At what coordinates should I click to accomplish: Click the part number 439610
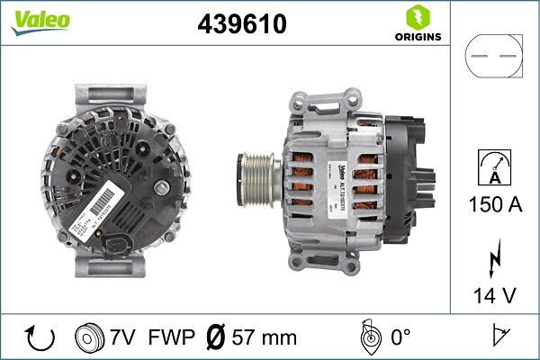coord(241,25)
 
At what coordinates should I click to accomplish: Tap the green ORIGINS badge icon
coord(418,16)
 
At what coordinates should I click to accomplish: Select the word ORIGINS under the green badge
coord(418,37)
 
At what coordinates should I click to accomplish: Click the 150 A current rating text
coord(494,204)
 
